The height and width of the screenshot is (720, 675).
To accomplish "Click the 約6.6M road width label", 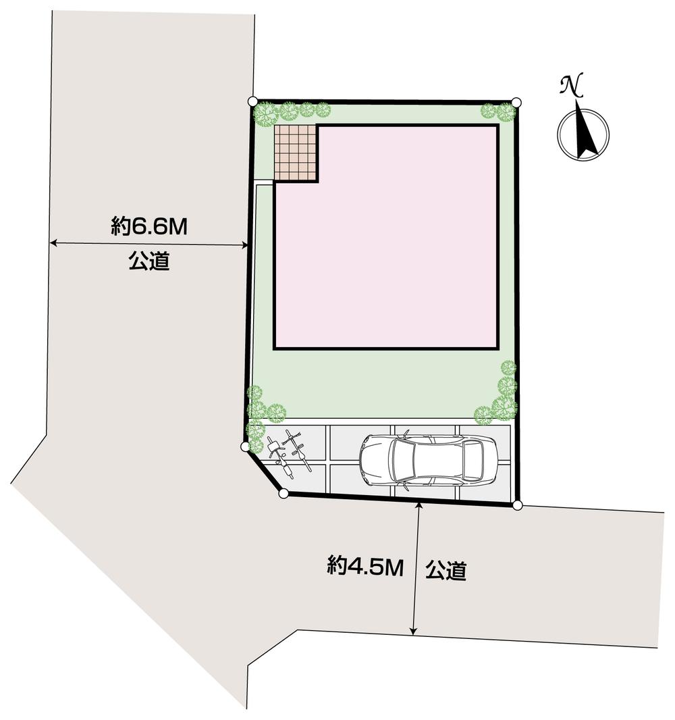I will coord(148,226).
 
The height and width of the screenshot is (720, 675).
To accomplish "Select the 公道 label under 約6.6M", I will coord(148,261).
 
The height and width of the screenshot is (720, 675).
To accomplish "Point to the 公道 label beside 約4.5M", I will coord(446,571).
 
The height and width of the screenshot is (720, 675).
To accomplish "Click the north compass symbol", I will coord(583,134).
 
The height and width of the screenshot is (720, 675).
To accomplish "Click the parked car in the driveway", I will coord(427,461).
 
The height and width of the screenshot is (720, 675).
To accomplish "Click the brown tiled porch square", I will coord(296,153).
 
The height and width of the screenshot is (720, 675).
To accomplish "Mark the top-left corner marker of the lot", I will coord(252,101).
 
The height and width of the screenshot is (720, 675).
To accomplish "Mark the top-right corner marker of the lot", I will coord(516,102).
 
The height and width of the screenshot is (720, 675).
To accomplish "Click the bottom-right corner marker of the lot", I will coord(518,505).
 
